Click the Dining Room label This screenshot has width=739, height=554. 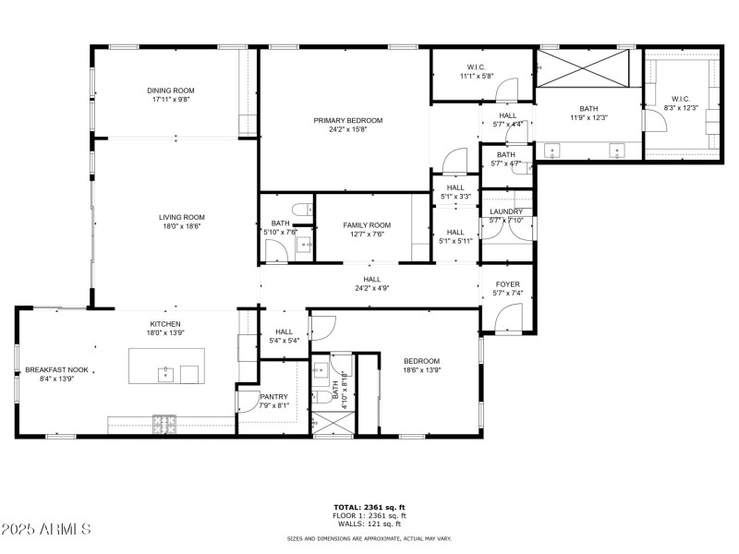point(171,90)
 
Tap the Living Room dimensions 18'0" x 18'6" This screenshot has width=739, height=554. point(181,226)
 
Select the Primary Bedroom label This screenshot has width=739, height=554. point(347,120)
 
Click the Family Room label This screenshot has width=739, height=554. point(367,225)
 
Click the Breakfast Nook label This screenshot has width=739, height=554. point(56,369)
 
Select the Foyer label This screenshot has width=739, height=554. point(507,284)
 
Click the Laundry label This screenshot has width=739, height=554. point(506,211)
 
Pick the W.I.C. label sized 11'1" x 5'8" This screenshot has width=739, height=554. point(477,66)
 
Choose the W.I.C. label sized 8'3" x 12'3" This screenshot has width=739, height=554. point(681,99)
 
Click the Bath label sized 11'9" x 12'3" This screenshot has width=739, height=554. point(588,108)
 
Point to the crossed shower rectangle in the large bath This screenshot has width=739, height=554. point(585,69)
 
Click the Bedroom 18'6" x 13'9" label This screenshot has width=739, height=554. point(421,361)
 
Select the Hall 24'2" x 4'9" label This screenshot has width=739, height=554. point(371,279)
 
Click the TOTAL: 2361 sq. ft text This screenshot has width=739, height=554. point(369,507)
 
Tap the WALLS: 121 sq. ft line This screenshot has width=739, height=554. point(369,524)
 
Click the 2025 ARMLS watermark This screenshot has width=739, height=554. point(46,529)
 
